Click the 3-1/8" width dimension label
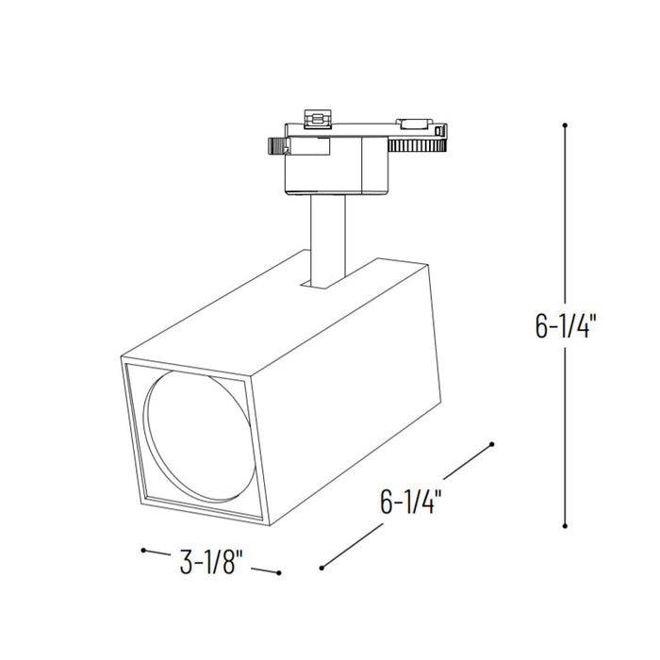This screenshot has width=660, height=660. (x=211, y=563)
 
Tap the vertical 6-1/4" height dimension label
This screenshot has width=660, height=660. (x=566, y=325)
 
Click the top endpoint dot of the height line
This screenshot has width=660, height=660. (x=565, y=124)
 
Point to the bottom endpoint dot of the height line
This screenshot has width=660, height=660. (x=565, y=527)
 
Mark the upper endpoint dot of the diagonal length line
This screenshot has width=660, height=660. (x=492, y=443)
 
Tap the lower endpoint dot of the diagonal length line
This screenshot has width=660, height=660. (x=322, y=568)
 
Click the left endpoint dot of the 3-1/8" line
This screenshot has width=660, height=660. (x=142, y=550)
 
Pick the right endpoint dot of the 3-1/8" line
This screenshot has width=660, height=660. (x=280, y=572)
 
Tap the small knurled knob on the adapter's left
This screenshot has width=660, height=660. (x=276, y=146)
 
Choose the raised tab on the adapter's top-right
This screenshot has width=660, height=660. (x=412, y=123)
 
